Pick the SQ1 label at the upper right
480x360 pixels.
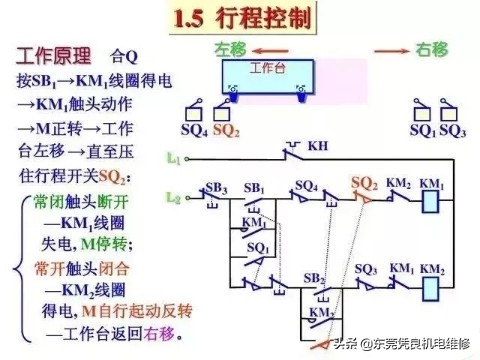click(424, 130)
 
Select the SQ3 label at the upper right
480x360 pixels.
click(453, 130)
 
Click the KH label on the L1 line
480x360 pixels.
click(317, 146)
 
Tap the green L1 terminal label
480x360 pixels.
click(173, 158)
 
